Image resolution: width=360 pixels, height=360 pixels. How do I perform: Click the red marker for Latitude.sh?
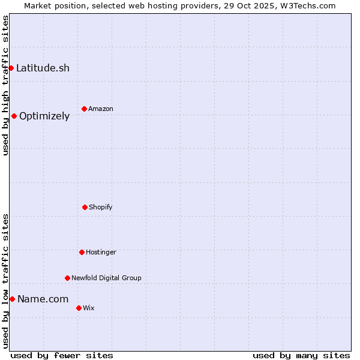11,68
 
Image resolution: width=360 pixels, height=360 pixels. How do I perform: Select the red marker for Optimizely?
14,116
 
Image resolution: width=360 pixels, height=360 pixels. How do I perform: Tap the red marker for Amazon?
84,109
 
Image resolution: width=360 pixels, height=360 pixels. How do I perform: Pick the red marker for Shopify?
85,207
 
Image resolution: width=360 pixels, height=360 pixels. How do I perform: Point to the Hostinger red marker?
82,252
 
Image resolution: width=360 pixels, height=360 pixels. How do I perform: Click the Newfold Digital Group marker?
67,278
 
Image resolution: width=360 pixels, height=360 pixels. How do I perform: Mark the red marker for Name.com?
12,299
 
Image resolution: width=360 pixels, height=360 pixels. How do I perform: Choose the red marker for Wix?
79,308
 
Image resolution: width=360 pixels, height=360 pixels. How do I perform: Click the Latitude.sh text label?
43,68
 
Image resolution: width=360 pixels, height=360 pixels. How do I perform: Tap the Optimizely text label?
44,116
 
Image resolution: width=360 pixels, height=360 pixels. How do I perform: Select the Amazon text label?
101,109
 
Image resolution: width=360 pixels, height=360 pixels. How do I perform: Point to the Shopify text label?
101,207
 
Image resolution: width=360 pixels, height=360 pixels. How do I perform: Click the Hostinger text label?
101,252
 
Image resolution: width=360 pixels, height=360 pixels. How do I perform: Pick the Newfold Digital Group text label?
106,278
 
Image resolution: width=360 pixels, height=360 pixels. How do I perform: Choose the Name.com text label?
43,299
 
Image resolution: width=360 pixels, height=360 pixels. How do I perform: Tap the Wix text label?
89,308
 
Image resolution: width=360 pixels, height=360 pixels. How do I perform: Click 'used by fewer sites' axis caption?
62,355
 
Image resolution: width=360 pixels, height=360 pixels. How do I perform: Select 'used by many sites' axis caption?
301,355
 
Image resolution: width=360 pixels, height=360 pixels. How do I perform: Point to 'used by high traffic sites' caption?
5,85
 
